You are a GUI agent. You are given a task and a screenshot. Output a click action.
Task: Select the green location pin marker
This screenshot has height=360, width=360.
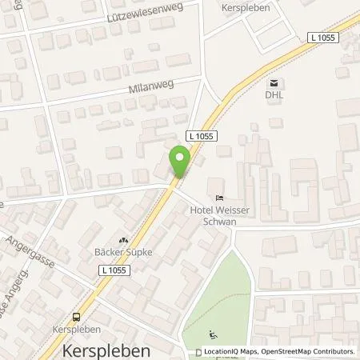(180, 162)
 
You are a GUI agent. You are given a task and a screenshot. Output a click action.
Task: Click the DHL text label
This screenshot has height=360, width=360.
(275, 94)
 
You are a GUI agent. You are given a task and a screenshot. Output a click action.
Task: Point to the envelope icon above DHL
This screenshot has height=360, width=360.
(275, 82)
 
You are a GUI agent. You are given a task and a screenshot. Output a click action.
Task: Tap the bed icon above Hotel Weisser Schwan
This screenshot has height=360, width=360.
(218, 198)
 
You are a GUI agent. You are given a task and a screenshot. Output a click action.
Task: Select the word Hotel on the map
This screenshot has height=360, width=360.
(201, 210)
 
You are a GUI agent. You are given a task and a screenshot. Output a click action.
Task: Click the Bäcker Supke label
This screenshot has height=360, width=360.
(123, 252)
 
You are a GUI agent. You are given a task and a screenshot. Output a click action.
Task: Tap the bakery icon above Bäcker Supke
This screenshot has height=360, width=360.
(123, 240)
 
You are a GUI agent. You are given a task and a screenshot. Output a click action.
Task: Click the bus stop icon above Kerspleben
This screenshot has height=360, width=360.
(77, 317)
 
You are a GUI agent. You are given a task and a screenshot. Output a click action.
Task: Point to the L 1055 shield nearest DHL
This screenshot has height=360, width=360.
(322, 38)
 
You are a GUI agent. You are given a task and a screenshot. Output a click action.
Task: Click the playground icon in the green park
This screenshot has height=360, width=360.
(211, 334)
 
